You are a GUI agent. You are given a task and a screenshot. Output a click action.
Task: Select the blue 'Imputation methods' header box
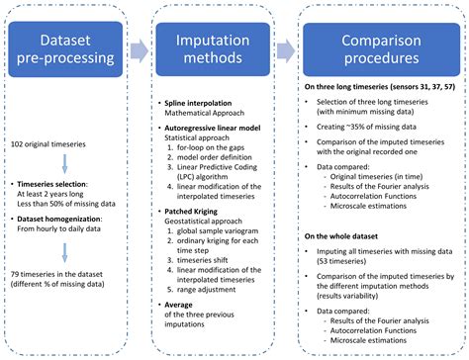click(x=212, y=46)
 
